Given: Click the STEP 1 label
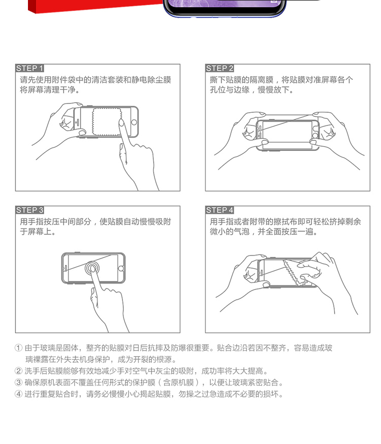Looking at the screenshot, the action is tap(30, 68).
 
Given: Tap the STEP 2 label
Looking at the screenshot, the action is tap(219, 68).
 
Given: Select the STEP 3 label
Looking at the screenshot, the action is tap(30, 210).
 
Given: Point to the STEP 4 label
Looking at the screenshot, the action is tap(219, 210).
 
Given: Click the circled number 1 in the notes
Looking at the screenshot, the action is tap(18, 348).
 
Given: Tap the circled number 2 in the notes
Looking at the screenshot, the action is tap(18, 371).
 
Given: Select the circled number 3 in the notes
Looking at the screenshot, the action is tap(18, 383).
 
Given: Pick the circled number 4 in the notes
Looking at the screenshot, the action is tap(18, 394).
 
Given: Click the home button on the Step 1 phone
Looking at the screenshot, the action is tap(134, 122).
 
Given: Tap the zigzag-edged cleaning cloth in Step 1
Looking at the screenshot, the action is tap(106, 121).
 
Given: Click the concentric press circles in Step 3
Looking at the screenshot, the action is tap(92, 268).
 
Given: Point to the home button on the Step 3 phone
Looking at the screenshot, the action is tap(121, 268).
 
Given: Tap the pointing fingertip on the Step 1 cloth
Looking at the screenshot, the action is tap(121, 122).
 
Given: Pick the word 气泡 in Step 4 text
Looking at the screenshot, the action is tap(241, 232).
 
